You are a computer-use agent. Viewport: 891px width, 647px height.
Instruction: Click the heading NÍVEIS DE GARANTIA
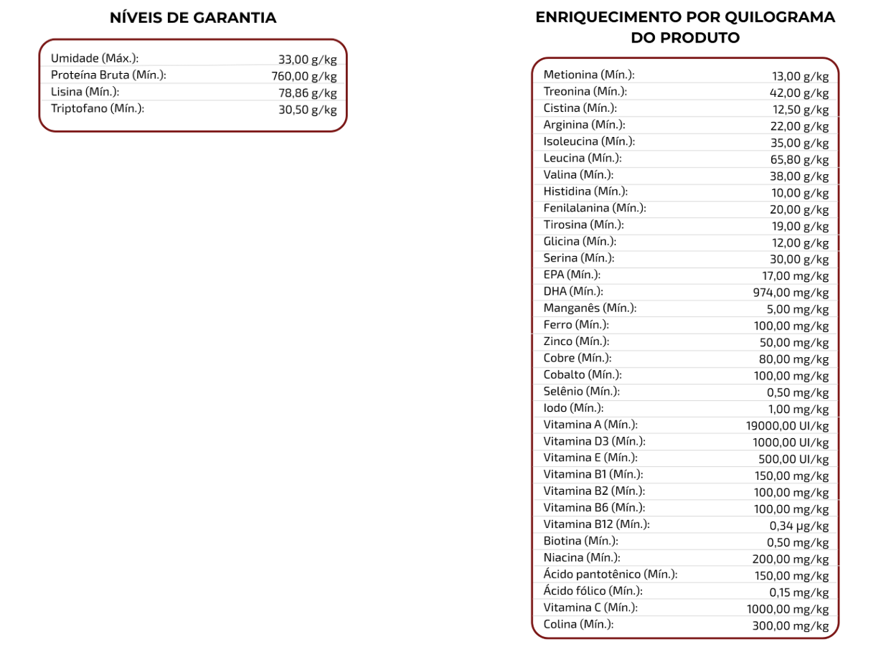click(x=193, y=18)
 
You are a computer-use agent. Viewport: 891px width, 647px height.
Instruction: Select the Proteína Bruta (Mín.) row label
click(x=108, y=75)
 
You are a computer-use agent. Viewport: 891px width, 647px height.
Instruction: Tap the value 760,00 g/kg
click(x=303, y=76)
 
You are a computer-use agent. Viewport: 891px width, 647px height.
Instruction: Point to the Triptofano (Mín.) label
click(x=98, y=108)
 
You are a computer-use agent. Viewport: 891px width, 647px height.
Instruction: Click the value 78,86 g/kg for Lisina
click(x=307, y=93)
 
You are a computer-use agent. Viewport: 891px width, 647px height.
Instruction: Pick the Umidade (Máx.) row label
click(x=95, y=58)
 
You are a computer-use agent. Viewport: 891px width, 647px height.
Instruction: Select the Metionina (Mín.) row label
click(x=589, y=75)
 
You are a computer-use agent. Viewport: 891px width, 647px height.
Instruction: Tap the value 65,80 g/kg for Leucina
click(x=799, y=159)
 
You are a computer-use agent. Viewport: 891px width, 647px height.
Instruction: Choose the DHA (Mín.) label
click(x=573, y=291)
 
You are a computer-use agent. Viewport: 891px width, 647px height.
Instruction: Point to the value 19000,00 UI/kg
click(x=787, y=425)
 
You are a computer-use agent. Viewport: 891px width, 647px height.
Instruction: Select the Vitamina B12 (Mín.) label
click(x=596, y=524)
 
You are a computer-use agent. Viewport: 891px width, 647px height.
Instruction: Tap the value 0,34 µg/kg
click(x=798, y=525)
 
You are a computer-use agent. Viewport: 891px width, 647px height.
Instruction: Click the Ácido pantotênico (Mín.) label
click(x=610, y=574)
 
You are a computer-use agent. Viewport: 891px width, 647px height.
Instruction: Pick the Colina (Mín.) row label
click(x=578, y=624)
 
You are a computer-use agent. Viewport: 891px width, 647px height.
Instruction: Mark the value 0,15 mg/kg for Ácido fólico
click(x=798, y=592)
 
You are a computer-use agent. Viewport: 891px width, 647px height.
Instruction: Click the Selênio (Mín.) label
click(x=581, y=391)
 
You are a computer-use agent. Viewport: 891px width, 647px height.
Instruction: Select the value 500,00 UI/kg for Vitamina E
click(x=793, y=459)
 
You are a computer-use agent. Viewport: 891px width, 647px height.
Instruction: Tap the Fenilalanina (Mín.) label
click(x=595, y=208)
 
